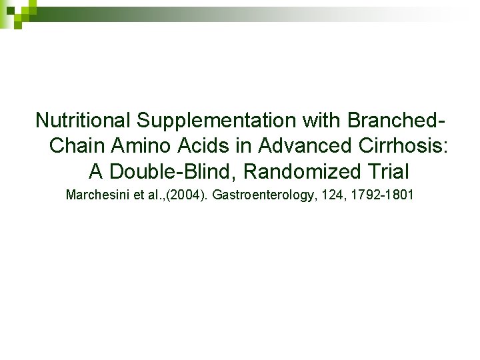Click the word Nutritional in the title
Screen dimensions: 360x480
(83, 121)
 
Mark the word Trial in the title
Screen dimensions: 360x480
(387, 171)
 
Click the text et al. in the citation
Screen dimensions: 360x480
(145, 195)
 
